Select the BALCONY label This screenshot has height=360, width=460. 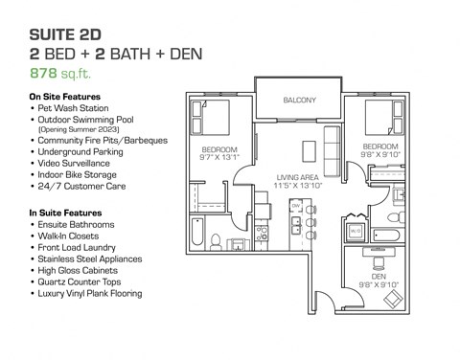[x=300, y=101]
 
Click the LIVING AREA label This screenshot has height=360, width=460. [x=298, y=178]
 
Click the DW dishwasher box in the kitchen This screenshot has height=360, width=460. [x=296, y=207]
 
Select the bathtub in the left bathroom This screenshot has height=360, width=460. [x=197, y=236]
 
